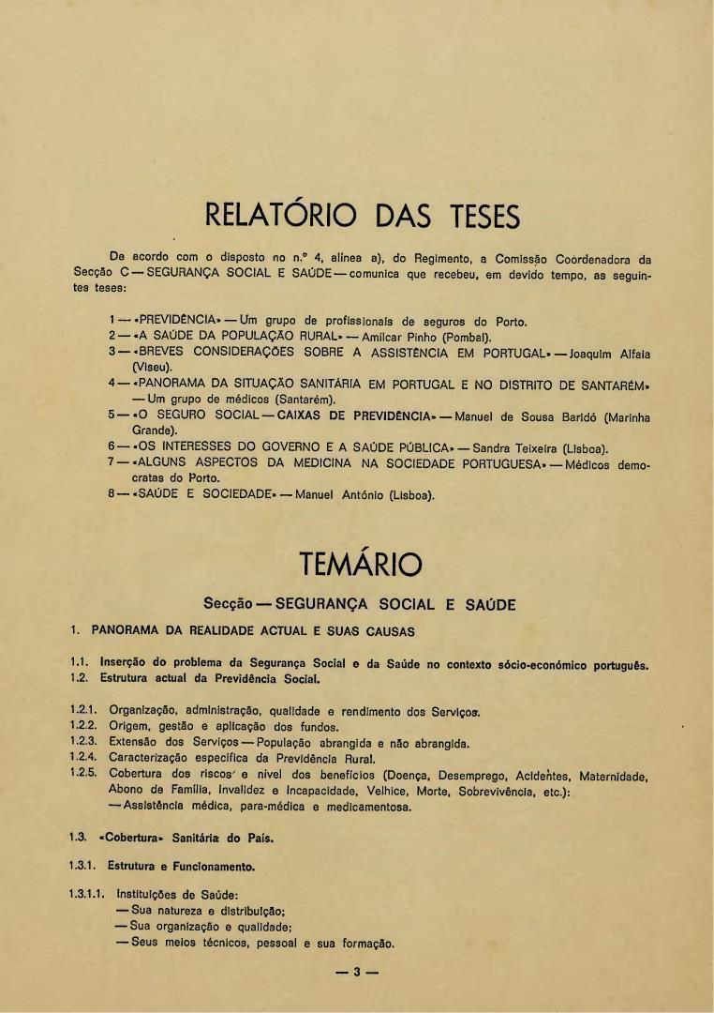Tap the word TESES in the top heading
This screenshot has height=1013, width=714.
point(473,218)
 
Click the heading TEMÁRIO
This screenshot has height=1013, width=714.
point(360,566)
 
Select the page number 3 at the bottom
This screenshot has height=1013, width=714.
point(357,973)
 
